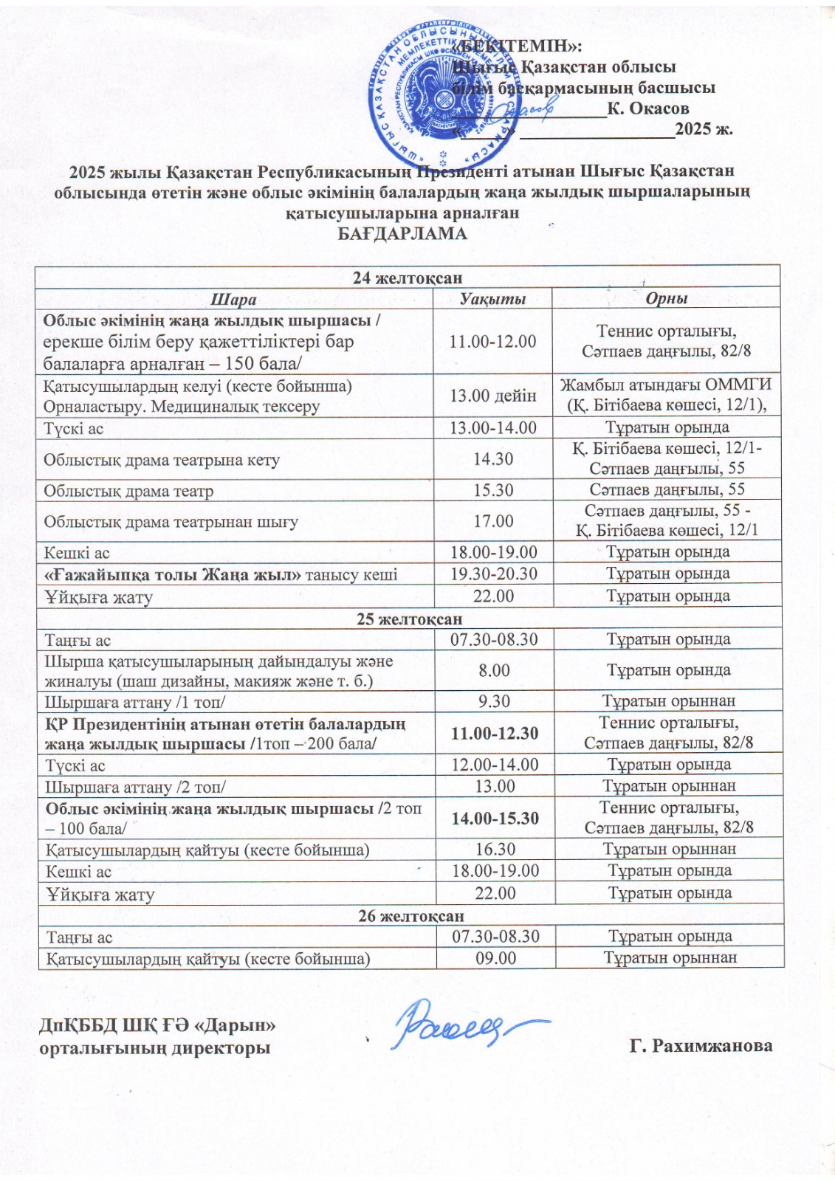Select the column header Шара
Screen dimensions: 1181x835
click(x=233, y=299)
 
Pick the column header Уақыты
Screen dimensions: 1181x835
click(x=492, y=299)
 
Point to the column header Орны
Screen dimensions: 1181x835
click(x=666, y=299)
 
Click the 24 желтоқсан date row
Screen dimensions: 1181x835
click(x=408, y=278)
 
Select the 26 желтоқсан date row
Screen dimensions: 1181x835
click(x=411, y=916)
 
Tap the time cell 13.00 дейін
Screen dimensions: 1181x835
click(x=493, y=396)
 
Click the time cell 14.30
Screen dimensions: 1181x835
click(x=493, y=459)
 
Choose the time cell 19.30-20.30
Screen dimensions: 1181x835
click(x=494, y=574)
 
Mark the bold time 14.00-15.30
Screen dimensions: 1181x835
click(x=495, y=819)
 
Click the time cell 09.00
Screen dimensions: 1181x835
click(x=495, y=958)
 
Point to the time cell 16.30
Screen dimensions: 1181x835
click(x=495, y=850)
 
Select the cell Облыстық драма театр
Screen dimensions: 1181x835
click(x=128, y=491)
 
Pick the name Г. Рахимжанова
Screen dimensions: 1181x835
click(x=701, y=1046)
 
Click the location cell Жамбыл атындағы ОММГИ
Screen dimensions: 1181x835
click(x=666, y=385)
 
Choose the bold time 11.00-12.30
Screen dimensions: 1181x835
click(x=495, y=733)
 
